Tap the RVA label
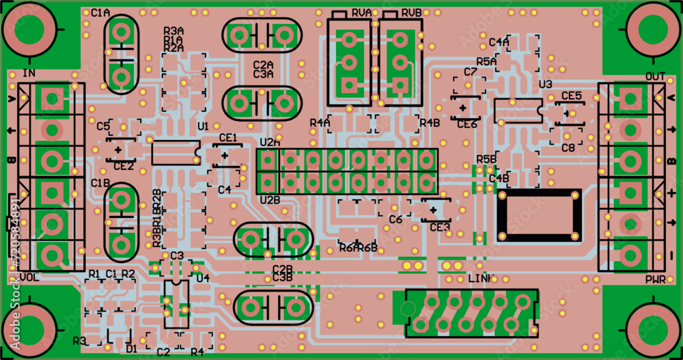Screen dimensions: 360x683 [x=362, y=13]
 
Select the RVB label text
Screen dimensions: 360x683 [x=411, y=13]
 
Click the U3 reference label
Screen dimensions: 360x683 [x=545, y=84]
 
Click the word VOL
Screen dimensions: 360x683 [x=29, y=277]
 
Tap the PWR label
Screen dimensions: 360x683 [x=655, y=280]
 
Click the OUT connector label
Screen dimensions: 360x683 [x=654, y=76]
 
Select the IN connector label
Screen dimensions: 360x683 [x=29, y=73]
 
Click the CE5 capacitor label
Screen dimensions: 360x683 [x=572, y=96]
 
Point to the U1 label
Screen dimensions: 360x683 [x=203, y=126]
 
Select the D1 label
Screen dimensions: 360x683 [x=132, y=349]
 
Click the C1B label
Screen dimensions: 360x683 [x=100, y=183]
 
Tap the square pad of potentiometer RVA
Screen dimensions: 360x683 [x=348, y=85]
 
